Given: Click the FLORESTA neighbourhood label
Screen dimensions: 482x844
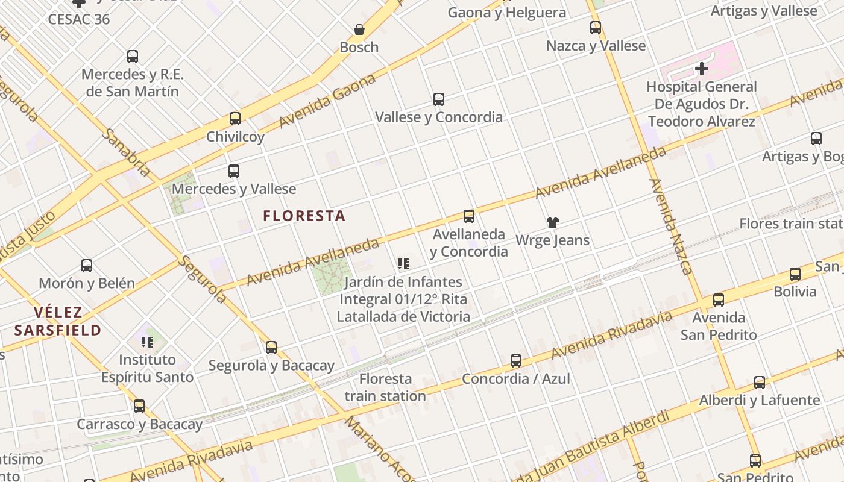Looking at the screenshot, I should (x=304, y=216).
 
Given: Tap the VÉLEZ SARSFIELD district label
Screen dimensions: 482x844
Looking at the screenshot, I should (x=58, y=321).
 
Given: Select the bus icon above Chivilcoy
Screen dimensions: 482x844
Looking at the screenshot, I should (x=235, y=119).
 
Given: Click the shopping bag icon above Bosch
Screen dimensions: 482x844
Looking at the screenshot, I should (x=359, y=29).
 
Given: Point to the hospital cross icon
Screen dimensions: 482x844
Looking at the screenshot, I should (x=701, y=69).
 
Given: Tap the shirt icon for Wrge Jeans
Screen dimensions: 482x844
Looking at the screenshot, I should (x=552, y=222).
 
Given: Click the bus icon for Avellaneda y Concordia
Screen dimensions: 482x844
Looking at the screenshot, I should (x=469, y=216).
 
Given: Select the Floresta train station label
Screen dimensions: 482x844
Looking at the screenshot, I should (x=385, y=387).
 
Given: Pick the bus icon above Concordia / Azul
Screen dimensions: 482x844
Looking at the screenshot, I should (x=516, y=361).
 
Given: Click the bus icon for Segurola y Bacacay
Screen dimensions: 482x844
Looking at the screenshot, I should (x=271, y=347).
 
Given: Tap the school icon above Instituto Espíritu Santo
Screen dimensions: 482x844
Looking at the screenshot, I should (x=147, y=342).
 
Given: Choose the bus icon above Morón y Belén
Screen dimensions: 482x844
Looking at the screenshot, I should (x=87, y=265).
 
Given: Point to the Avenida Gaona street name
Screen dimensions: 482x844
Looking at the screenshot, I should (x=328, y=101).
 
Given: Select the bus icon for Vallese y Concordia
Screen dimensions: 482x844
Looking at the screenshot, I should (x=439, y=99).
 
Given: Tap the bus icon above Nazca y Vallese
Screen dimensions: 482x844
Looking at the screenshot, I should (x=596, y=28).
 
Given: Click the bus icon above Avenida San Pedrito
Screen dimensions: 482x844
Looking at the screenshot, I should (x=718, y=299).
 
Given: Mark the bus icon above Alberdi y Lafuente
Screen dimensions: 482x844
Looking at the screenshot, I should (x=760, y=382).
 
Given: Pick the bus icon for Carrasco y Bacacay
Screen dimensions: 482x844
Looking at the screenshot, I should (x=139, y=406).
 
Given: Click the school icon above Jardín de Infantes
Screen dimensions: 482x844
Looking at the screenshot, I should (x=403, y=263).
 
